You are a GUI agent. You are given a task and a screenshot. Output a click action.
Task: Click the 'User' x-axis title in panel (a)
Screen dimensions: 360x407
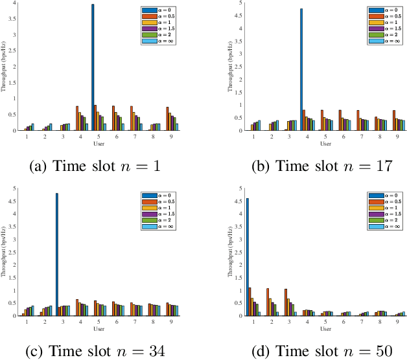[97, 144]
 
